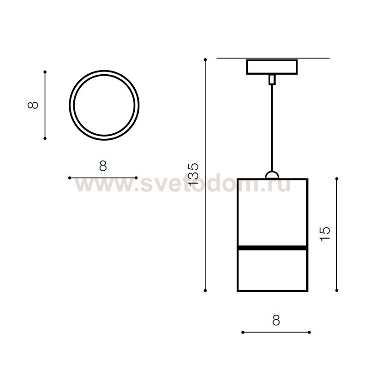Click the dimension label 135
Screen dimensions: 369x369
193,173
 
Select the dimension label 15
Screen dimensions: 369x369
325,234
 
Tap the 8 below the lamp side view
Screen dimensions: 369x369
276,320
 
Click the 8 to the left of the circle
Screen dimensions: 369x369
33,105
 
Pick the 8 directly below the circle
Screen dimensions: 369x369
103,166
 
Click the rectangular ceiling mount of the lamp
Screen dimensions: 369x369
272,67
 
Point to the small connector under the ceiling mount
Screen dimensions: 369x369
272,79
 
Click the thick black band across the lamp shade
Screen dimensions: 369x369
272,248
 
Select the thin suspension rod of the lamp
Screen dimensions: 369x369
272,128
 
